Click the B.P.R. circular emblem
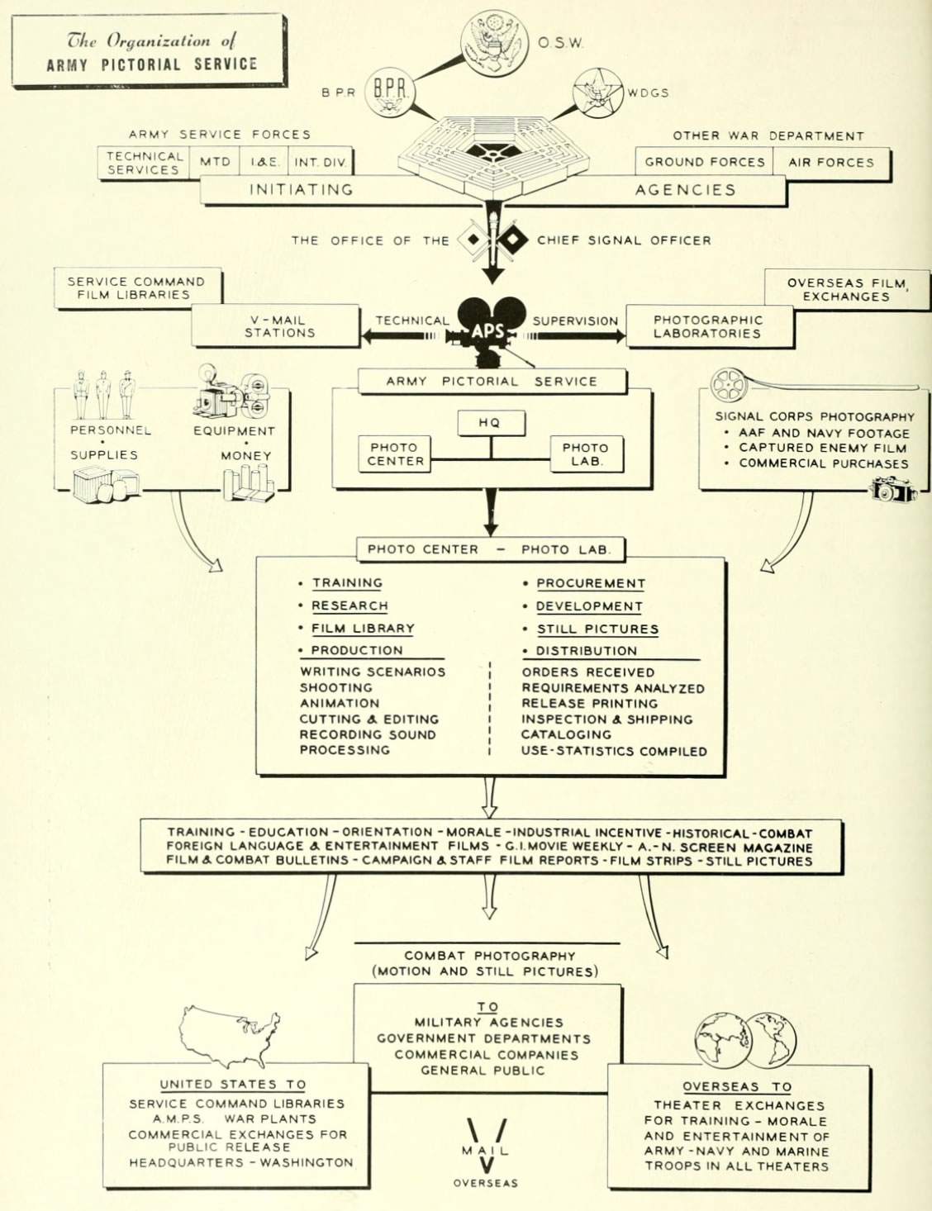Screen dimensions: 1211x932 coord(389,91)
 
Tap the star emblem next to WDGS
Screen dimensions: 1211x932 coord(597,92)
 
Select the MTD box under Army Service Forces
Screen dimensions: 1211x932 coord(215,162)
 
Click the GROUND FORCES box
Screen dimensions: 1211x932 coord(704,162)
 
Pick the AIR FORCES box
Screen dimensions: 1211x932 coord(830,162)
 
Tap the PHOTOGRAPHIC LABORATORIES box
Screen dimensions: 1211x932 coord(707,326)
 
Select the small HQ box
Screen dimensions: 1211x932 coord(490,422)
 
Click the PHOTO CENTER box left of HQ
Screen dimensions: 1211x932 coord(394,454)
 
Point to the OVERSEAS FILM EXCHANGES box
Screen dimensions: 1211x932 coord(846,289)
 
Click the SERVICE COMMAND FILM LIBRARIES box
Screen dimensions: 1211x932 coord(136,287)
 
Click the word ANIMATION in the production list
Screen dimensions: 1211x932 coord(340,703)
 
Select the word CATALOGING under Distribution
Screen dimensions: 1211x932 coord(566,734)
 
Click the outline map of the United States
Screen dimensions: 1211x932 coord(229,1035)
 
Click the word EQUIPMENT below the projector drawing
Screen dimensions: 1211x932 coord(234,430)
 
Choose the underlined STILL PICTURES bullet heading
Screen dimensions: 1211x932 coord(597,629)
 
